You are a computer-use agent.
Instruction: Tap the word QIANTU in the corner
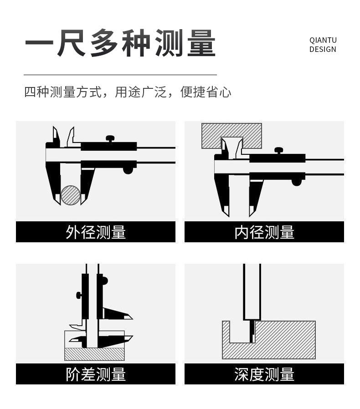click(x=323, y=40)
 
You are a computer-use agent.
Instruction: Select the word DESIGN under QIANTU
click(x=323, y=50)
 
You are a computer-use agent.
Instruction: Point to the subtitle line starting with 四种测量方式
click(x=128, y=92)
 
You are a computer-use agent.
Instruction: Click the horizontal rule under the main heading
click(x=120, y=75)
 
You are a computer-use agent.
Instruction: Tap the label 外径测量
click(x=96, y=232)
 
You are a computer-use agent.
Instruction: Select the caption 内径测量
click(x=264, y=232)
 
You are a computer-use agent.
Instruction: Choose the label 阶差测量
click(x=96, y=374)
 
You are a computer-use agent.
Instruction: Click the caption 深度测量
click(x=264, y=374)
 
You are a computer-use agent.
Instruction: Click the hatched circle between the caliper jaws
click(x=71, y=195)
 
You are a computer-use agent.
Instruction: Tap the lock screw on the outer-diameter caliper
click(x=110, y=138)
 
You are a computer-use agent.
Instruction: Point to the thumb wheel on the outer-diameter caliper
click(x=128, y=170)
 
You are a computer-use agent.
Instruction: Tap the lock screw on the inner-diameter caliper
click(x=278, y=150)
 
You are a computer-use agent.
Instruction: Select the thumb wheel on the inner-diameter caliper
click(x=297, y=182)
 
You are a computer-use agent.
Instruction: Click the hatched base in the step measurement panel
click(x=94, y=353)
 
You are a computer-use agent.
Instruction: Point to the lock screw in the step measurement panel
click(x=79, y=295)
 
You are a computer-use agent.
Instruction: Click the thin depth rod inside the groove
click(x=251, y=331)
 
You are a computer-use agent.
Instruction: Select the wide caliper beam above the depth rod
click(x=252, y=291)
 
